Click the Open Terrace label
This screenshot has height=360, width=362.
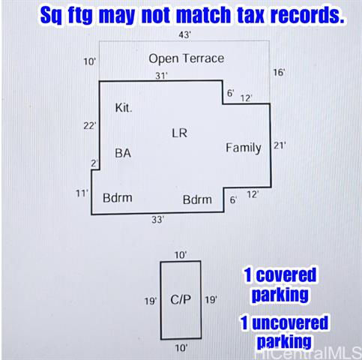(x=187, y=58)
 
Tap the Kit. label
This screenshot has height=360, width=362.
(x=124, y=108)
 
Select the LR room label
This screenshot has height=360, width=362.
(x=179, y=133)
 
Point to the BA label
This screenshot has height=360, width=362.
(x=123, y=153)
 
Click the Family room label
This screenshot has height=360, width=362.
(x=244, y=148)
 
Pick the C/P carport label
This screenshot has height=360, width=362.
(x=181, y=299)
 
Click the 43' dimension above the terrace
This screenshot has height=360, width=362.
(x=184, y=35)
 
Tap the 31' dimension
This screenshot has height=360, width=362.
(x=161, y=76)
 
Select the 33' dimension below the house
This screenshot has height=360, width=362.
(x=157, y=220)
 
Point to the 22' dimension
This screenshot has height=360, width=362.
(x=90, y=126)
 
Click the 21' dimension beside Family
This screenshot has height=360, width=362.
(x=280, y=145)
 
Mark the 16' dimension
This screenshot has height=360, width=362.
(x=279, y=73)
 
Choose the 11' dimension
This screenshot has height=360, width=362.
(x=82, y=193)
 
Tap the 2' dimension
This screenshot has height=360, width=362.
(x=94, y=163)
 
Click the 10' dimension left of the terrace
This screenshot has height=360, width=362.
(x=89, y=61)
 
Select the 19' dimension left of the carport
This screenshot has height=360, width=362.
(x=151, y=301)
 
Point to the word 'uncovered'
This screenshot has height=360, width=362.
(x=290, y=322)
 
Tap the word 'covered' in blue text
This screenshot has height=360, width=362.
(x=286, y=274)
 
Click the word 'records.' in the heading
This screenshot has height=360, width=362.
(x=307, y=15)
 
